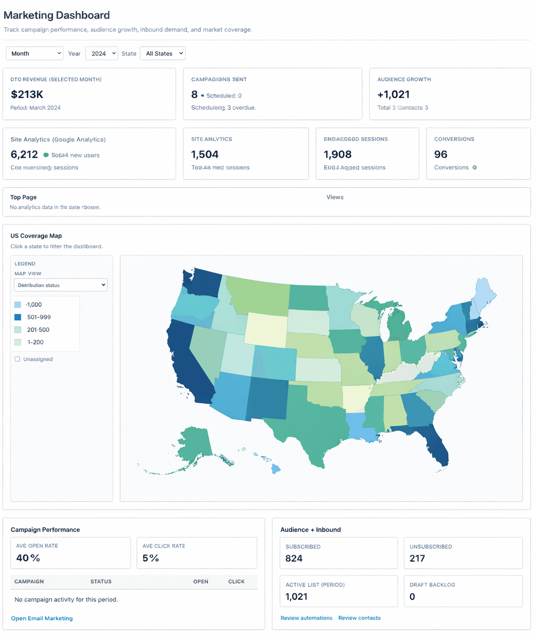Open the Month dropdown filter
pos(35,53)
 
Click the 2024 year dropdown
pos(101,53)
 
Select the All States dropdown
pos(163,53)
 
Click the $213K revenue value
pos(27,94)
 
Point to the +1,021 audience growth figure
pos(393,94)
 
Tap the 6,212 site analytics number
pos(24,155)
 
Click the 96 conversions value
pos(441,155)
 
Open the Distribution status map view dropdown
pos(61,285)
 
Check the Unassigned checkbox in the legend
pos(17,359)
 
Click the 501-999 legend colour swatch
pos(18,317)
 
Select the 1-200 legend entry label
pos(35,342)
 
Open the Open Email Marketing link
pos(42,618)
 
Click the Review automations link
pos(306,618)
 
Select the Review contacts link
pos(359,618)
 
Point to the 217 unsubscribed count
pos(417,558)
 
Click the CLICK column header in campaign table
pos(236,582)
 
